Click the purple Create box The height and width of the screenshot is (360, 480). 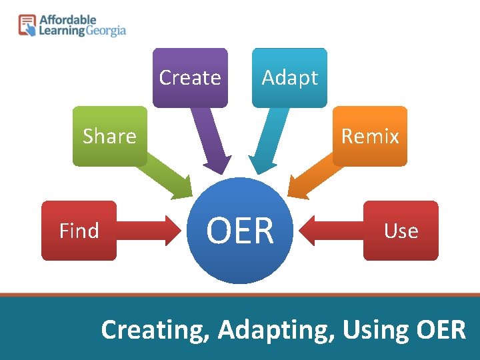[x=190, y=77]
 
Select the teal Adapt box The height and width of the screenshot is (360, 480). [x=289, y=77]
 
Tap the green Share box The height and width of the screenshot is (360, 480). [x=109, y=136]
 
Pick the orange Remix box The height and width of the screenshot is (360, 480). [x=370, y=136]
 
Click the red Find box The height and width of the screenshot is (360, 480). [x=79, y=231]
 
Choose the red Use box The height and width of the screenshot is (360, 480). [x=401, y=231]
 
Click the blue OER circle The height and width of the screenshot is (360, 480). [x=240, y=231]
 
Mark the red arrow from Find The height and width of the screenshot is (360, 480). [x=153, y=231]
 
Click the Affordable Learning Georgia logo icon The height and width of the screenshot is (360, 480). [x=27, y=25]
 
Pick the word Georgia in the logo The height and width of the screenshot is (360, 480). [x=106, y=31]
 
